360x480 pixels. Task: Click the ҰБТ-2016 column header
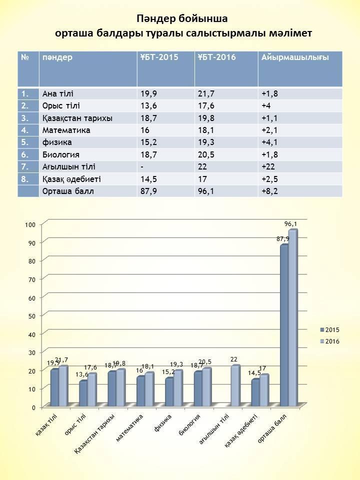tap(216, 57)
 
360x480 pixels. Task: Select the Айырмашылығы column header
tap(294, 57)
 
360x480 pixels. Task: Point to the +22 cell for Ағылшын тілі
tap(268, 167)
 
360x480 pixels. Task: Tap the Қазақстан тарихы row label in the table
tap(77, 118)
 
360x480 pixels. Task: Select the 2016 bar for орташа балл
tap(292, 317)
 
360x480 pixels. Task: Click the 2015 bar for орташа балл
tap(284, 325)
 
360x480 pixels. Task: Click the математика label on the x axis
tap(130, 425)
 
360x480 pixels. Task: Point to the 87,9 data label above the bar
tap(283, 239)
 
